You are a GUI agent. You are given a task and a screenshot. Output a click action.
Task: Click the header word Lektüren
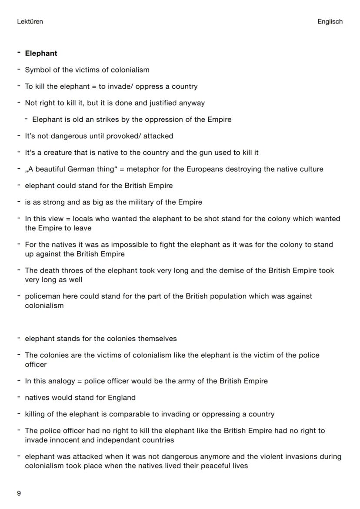pos(30,21)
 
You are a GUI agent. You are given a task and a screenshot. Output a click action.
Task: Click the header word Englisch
pos(330,21)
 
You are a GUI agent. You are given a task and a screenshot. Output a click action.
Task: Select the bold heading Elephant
pos(41,53)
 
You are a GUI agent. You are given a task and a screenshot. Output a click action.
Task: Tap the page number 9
pos(19,493)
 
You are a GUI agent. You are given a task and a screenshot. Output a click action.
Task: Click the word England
pos(121,398)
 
